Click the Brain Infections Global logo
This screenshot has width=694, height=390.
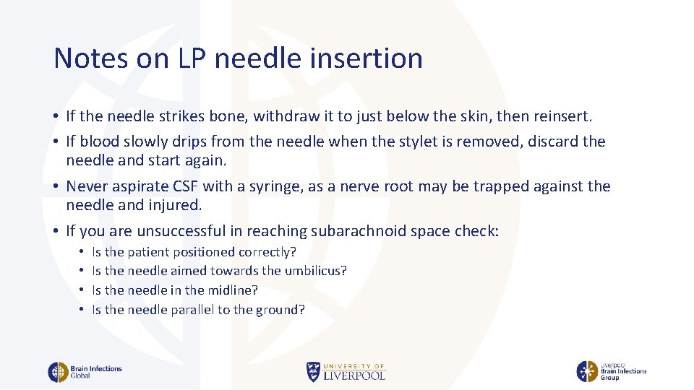point(85,372)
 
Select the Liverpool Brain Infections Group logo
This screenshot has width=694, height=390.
point(611,371)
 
